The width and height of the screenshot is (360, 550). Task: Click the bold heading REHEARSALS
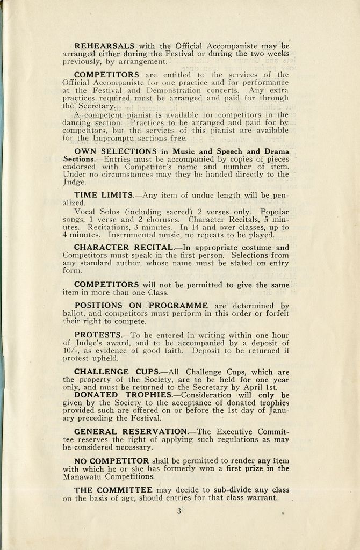[104, 46]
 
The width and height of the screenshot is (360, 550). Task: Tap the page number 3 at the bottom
[179, 511]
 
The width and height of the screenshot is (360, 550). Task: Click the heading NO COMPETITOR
[111, 461]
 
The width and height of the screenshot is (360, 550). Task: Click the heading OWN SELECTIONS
[116, 151]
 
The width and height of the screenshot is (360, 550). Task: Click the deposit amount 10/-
[70, 350]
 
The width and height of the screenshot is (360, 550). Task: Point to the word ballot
[73, 314]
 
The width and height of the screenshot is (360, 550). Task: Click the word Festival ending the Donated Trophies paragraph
[145, 418]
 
